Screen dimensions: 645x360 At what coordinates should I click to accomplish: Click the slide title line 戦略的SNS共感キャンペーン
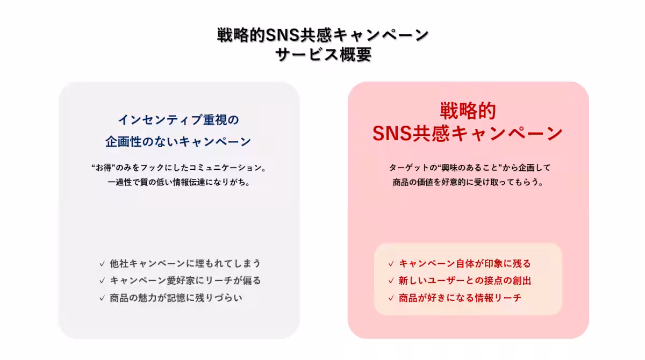click(x=323, y=35)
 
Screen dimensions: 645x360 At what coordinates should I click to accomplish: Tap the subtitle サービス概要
click(x=323, y=54)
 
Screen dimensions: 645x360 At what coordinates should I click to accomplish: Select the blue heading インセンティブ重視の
click(x=178, y=120)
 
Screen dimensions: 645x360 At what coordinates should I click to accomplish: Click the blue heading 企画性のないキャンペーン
click(x=178, y=142)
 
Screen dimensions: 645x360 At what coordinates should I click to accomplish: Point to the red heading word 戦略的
click(x=468, y=111)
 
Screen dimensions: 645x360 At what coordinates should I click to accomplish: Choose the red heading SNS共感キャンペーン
click(x=468, y=134)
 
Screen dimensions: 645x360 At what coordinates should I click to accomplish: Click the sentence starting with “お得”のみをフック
click(x=179, y=168)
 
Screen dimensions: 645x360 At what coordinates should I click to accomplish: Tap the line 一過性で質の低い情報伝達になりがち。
click(x=179, y=182)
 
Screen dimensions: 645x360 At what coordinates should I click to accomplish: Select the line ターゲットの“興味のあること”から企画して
click(x=470, y=168)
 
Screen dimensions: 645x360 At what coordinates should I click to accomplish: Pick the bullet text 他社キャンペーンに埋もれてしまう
click(x=185, y=263)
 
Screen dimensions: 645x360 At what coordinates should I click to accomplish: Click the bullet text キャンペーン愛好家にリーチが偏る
click(x=185, y=280)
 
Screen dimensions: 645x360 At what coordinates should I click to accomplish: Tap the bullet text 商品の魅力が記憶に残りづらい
click(x=176, y=298)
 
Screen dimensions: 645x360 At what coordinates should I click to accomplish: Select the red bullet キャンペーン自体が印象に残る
click(x=465, y=263)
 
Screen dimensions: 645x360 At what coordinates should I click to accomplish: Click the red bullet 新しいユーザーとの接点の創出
click(x=465, y=280)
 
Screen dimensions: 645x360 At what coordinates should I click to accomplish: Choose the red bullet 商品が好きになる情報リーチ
click(x=460, y=298)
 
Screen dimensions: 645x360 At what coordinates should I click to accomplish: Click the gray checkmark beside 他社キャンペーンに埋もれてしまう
click(x=102, y=264)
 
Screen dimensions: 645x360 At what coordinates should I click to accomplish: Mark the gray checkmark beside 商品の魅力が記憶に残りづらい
click(x=102, y=298)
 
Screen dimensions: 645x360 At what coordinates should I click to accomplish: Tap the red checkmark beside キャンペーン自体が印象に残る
click(x=391, y=264)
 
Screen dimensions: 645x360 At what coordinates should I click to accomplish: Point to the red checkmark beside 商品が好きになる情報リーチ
click(x=391, y=298)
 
